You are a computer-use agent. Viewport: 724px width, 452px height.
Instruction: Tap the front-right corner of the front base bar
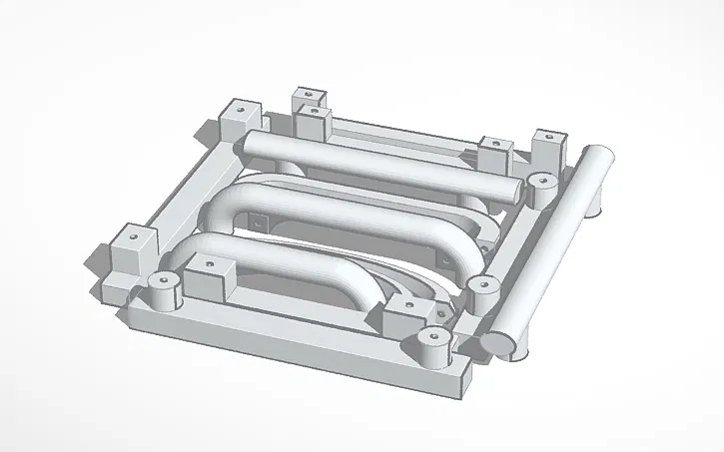click(465, 383)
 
